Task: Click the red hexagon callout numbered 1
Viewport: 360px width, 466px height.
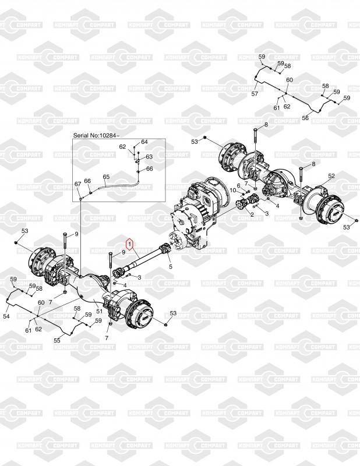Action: [x=130, y=243]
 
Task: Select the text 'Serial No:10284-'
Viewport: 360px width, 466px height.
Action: [x=96, y=136]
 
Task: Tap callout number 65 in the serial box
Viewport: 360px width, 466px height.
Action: [x=106, y=177]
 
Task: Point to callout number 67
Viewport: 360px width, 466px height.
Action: [x=77, y=184]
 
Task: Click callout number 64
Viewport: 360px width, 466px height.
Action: [x=144, y=142]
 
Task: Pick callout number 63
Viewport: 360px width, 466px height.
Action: [x=149, y=157]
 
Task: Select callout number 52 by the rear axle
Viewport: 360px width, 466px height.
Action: [x=331, y=176]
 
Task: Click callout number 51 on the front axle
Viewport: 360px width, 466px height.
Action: [x=99, y=311]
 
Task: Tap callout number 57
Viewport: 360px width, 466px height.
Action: [x=255, y=94]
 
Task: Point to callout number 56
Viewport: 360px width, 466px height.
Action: [x=305, y=118]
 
